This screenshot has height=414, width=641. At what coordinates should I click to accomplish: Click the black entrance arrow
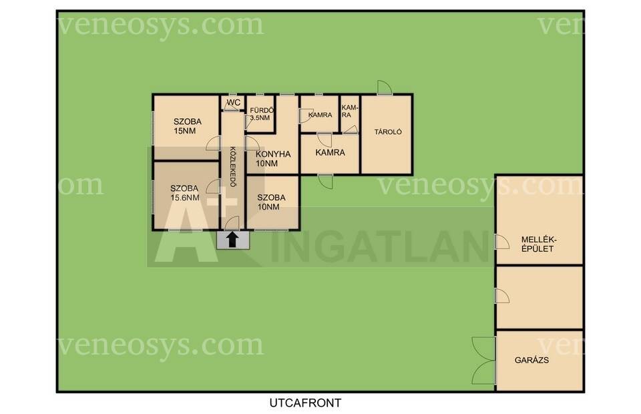tap(232, 240)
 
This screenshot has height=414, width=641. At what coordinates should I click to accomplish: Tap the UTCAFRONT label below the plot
tap(305, 403)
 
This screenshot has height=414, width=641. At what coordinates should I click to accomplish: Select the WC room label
tap(234, 102)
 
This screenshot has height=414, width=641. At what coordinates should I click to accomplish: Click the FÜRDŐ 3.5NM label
tap(261, 114)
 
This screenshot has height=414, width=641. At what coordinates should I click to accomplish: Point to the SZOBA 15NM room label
tap(187, 126)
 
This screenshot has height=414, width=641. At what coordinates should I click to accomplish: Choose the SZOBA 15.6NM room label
tap(185, 193)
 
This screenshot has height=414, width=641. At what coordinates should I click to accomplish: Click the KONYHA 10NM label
tap(273, 158)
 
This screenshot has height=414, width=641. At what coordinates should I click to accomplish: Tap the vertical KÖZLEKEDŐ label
tap(232, 167)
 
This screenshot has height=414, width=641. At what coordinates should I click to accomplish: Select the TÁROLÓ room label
tap(388, 132)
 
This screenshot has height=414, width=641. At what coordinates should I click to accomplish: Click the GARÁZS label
tap(531, 361)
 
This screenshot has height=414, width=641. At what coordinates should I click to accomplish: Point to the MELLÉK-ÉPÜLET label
tap(538, 244)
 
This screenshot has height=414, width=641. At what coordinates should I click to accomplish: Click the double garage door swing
tap(483, 361)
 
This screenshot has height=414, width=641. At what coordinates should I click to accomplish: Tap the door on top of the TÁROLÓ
tap(385, 87)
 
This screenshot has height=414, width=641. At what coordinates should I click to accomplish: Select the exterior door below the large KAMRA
tap(325, 182)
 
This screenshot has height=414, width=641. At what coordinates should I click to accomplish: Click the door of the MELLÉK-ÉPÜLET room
tap(502, 242)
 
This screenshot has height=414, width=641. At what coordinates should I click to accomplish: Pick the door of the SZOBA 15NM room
tap(213, 143)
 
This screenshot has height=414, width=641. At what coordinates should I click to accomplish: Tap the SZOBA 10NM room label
tap(271, 202)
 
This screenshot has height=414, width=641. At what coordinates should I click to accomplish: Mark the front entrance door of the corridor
tap(232, 223)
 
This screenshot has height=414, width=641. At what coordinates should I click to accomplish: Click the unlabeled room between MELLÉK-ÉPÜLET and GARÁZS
tap(540, 298)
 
